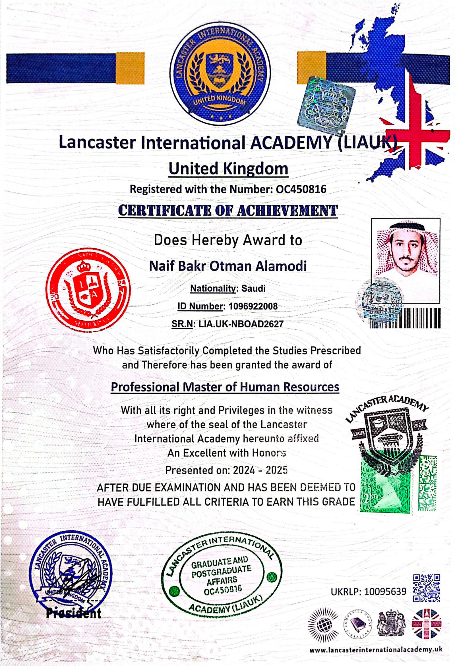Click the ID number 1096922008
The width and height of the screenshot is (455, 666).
(253, 306)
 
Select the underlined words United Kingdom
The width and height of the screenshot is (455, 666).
(228, 169)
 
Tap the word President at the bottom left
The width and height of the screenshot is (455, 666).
(74, 611)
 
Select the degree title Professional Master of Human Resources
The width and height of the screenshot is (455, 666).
(225, 387)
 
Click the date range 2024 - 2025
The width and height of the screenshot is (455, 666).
(260, 470)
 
